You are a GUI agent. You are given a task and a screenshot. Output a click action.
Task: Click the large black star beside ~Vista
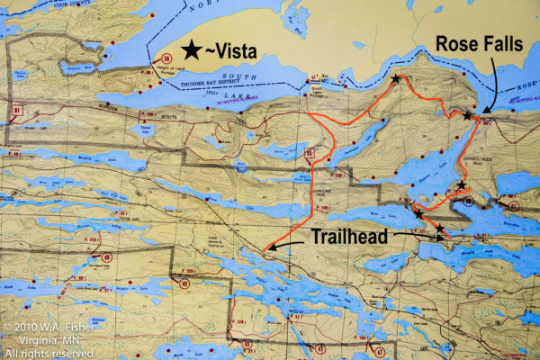coord(192,51)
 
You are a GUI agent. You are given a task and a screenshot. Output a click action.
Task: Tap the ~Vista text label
coord(237,52)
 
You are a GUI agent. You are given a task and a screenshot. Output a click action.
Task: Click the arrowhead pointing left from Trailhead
coord(269,249)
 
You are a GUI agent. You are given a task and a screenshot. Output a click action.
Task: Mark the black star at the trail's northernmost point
coord(396,79)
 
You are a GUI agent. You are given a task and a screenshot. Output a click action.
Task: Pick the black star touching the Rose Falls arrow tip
coord(466,114)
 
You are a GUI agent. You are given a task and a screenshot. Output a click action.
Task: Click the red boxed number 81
coord(18,110)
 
